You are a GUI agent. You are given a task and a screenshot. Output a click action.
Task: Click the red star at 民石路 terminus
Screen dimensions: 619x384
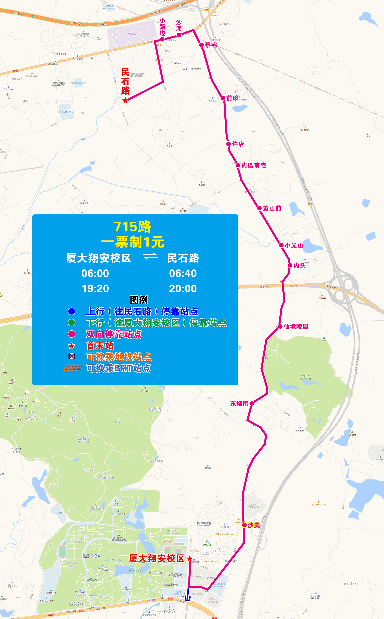click(125, 100)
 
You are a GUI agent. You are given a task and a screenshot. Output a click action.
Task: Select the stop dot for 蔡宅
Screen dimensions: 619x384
click(201, 45)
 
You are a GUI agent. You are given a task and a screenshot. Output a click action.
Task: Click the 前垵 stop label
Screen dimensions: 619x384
click(232, 98)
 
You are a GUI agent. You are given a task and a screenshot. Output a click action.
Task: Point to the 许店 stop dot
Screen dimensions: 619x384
click(229, 144)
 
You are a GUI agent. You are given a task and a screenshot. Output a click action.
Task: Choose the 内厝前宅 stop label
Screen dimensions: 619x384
click(254, 165)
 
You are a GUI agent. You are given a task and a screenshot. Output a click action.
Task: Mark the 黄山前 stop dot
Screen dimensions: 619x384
click(259, 208)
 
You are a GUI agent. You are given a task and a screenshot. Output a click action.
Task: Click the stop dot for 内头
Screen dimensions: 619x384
click(290, 265)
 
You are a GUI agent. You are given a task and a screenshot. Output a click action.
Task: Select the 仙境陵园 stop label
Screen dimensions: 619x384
click(296, 327)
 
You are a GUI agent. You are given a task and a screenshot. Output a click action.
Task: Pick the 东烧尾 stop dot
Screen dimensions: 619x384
click(252, 403)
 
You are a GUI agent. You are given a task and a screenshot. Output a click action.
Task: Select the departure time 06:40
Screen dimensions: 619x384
click(183, 273)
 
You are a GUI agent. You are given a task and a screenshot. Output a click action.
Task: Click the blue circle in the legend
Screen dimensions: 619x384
click(72, 311)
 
